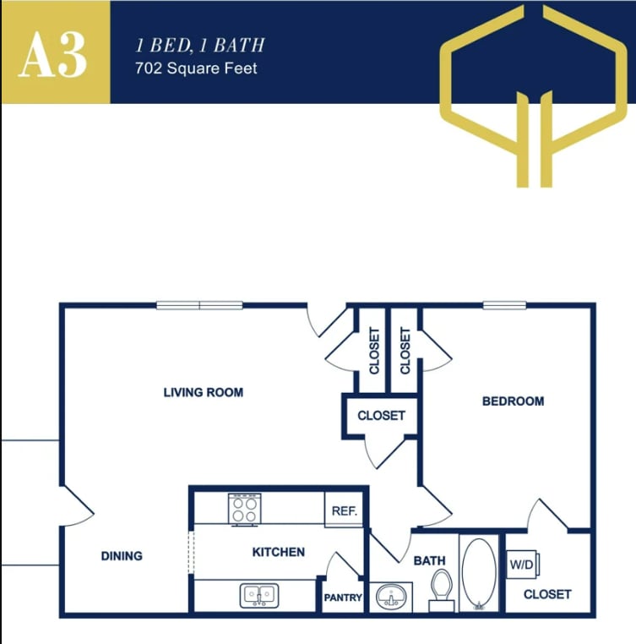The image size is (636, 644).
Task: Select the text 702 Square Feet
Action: (196, 68)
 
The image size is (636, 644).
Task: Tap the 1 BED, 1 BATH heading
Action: (199, 45)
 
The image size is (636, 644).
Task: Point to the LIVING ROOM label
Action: (204, 392)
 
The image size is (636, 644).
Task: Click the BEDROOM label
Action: (513, 401)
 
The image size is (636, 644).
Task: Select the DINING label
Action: (122, 556)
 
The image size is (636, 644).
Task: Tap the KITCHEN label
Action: (279, 552)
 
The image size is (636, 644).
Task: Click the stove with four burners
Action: (244, 510)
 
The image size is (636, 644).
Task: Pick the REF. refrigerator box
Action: (345, 511)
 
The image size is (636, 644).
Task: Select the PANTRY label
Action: (343, 598)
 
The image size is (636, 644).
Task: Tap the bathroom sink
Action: (391, 596)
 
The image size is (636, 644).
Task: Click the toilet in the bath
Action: (441, 588)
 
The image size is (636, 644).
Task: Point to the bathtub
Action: (480, 574)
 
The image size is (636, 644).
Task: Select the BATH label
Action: (429, 560)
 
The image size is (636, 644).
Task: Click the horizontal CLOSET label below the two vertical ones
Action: (381, 416)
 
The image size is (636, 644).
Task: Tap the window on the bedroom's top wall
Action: (504, 305)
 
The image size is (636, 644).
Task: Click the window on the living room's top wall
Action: (199, 305)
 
